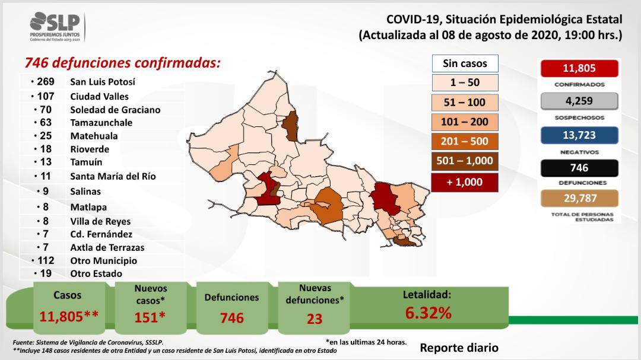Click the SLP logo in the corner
point(57,27)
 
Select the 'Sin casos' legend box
point(465,63)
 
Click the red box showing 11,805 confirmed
point(579,68)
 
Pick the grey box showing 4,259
point(579,101)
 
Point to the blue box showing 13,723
point(579,135)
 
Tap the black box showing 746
point(579,168)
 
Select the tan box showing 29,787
point(579,198)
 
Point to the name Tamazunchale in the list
point(101,123)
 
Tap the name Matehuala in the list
point(94,136)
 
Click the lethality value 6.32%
point(428,313)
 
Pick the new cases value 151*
point(151,317)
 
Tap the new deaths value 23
point(315,318)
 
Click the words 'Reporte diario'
point(459,348)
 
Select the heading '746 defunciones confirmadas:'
point(122,63)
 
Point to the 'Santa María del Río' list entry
point(113,176)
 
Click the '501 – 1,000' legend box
point(465,161)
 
